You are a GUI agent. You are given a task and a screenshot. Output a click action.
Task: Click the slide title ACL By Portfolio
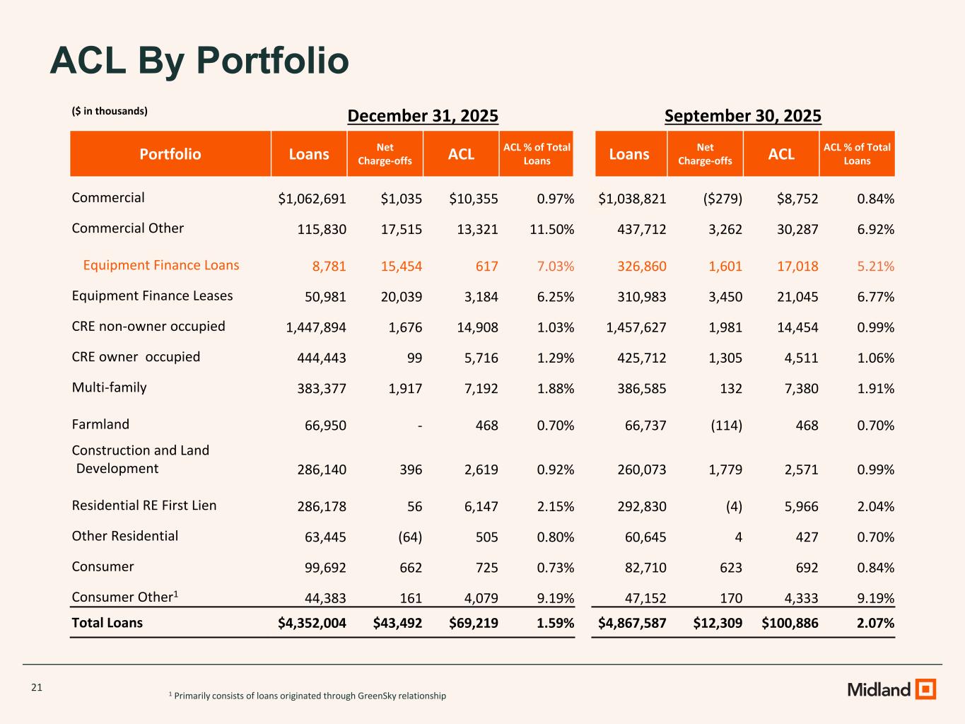pos(199,61)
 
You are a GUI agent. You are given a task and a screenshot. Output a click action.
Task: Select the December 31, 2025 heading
pos(423,116)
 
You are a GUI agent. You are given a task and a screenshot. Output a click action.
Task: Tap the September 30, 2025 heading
pos(743,116)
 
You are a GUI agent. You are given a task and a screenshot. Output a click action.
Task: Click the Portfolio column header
pos(170,154)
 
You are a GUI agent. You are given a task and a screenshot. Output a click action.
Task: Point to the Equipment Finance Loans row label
pos(161,265)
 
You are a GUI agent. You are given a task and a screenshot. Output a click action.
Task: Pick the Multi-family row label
pos(110,387)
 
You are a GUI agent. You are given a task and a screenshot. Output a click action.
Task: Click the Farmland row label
pos(100,424)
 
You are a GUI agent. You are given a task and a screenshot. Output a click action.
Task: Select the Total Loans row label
pos(107,623)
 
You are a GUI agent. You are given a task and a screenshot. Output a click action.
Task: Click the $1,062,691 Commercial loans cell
pos(312,199)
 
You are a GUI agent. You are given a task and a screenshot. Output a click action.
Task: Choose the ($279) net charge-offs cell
pos(719,199)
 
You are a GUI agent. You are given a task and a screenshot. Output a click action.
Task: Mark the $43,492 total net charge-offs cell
pos(397,623)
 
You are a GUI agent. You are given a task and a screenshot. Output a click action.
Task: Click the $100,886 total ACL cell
pos(790,623)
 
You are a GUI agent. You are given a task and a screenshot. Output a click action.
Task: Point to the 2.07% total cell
pos(875,623)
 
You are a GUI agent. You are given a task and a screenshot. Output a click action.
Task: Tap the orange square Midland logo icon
pos(925,689)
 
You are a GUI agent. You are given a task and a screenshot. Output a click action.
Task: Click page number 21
pos(37,687)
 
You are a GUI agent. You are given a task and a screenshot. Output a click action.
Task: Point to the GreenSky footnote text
pos(308,696)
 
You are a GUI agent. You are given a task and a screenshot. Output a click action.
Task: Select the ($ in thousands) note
pos(110,111)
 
